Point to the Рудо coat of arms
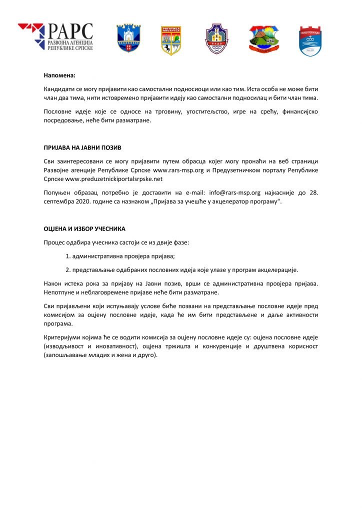tap(216, 38)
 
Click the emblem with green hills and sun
tap(263, 38)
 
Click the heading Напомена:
tap(59, 76)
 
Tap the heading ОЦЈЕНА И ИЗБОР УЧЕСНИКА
tap(84, 228)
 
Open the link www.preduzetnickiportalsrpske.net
tap(114, 178)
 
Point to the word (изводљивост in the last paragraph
tap(64, 346)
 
